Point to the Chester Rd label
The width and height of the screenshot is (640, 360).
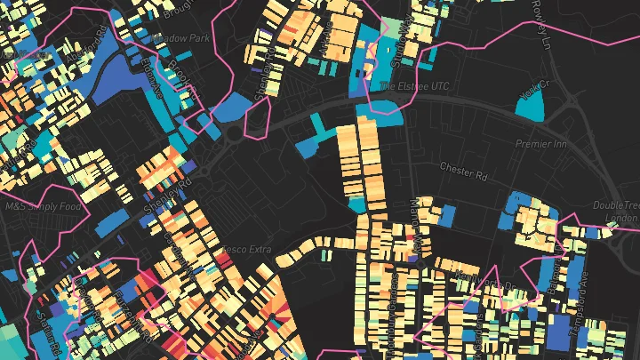click(x=464, y=171)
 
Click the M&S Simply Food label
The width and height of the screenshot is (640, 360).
click(x=43, y=206)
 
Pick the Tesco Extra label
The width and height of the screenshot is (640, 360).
click(x=246, y=249)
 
